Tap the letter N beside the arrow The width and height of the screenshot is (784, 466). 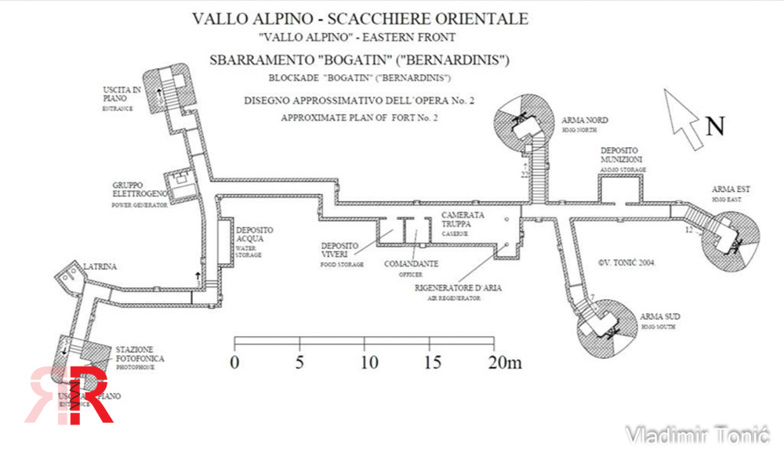pos(714,126)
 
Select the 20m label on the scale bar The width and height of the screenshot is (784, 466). pos(503,363)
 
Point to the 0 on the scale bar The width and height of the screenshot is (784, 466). pos(234,363)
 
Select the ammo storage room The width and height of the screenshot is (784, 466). pos(620,188)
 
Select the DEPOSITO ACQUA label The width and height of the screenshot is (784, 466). pos(255,235)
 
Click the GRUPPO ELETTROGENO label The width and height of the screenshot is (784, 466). pos(140,190)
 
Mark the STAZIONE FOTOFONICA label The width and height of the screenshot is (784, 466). pos(141,353)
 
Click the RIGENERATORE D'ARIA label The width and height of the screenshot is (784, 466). pos(459,288)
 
